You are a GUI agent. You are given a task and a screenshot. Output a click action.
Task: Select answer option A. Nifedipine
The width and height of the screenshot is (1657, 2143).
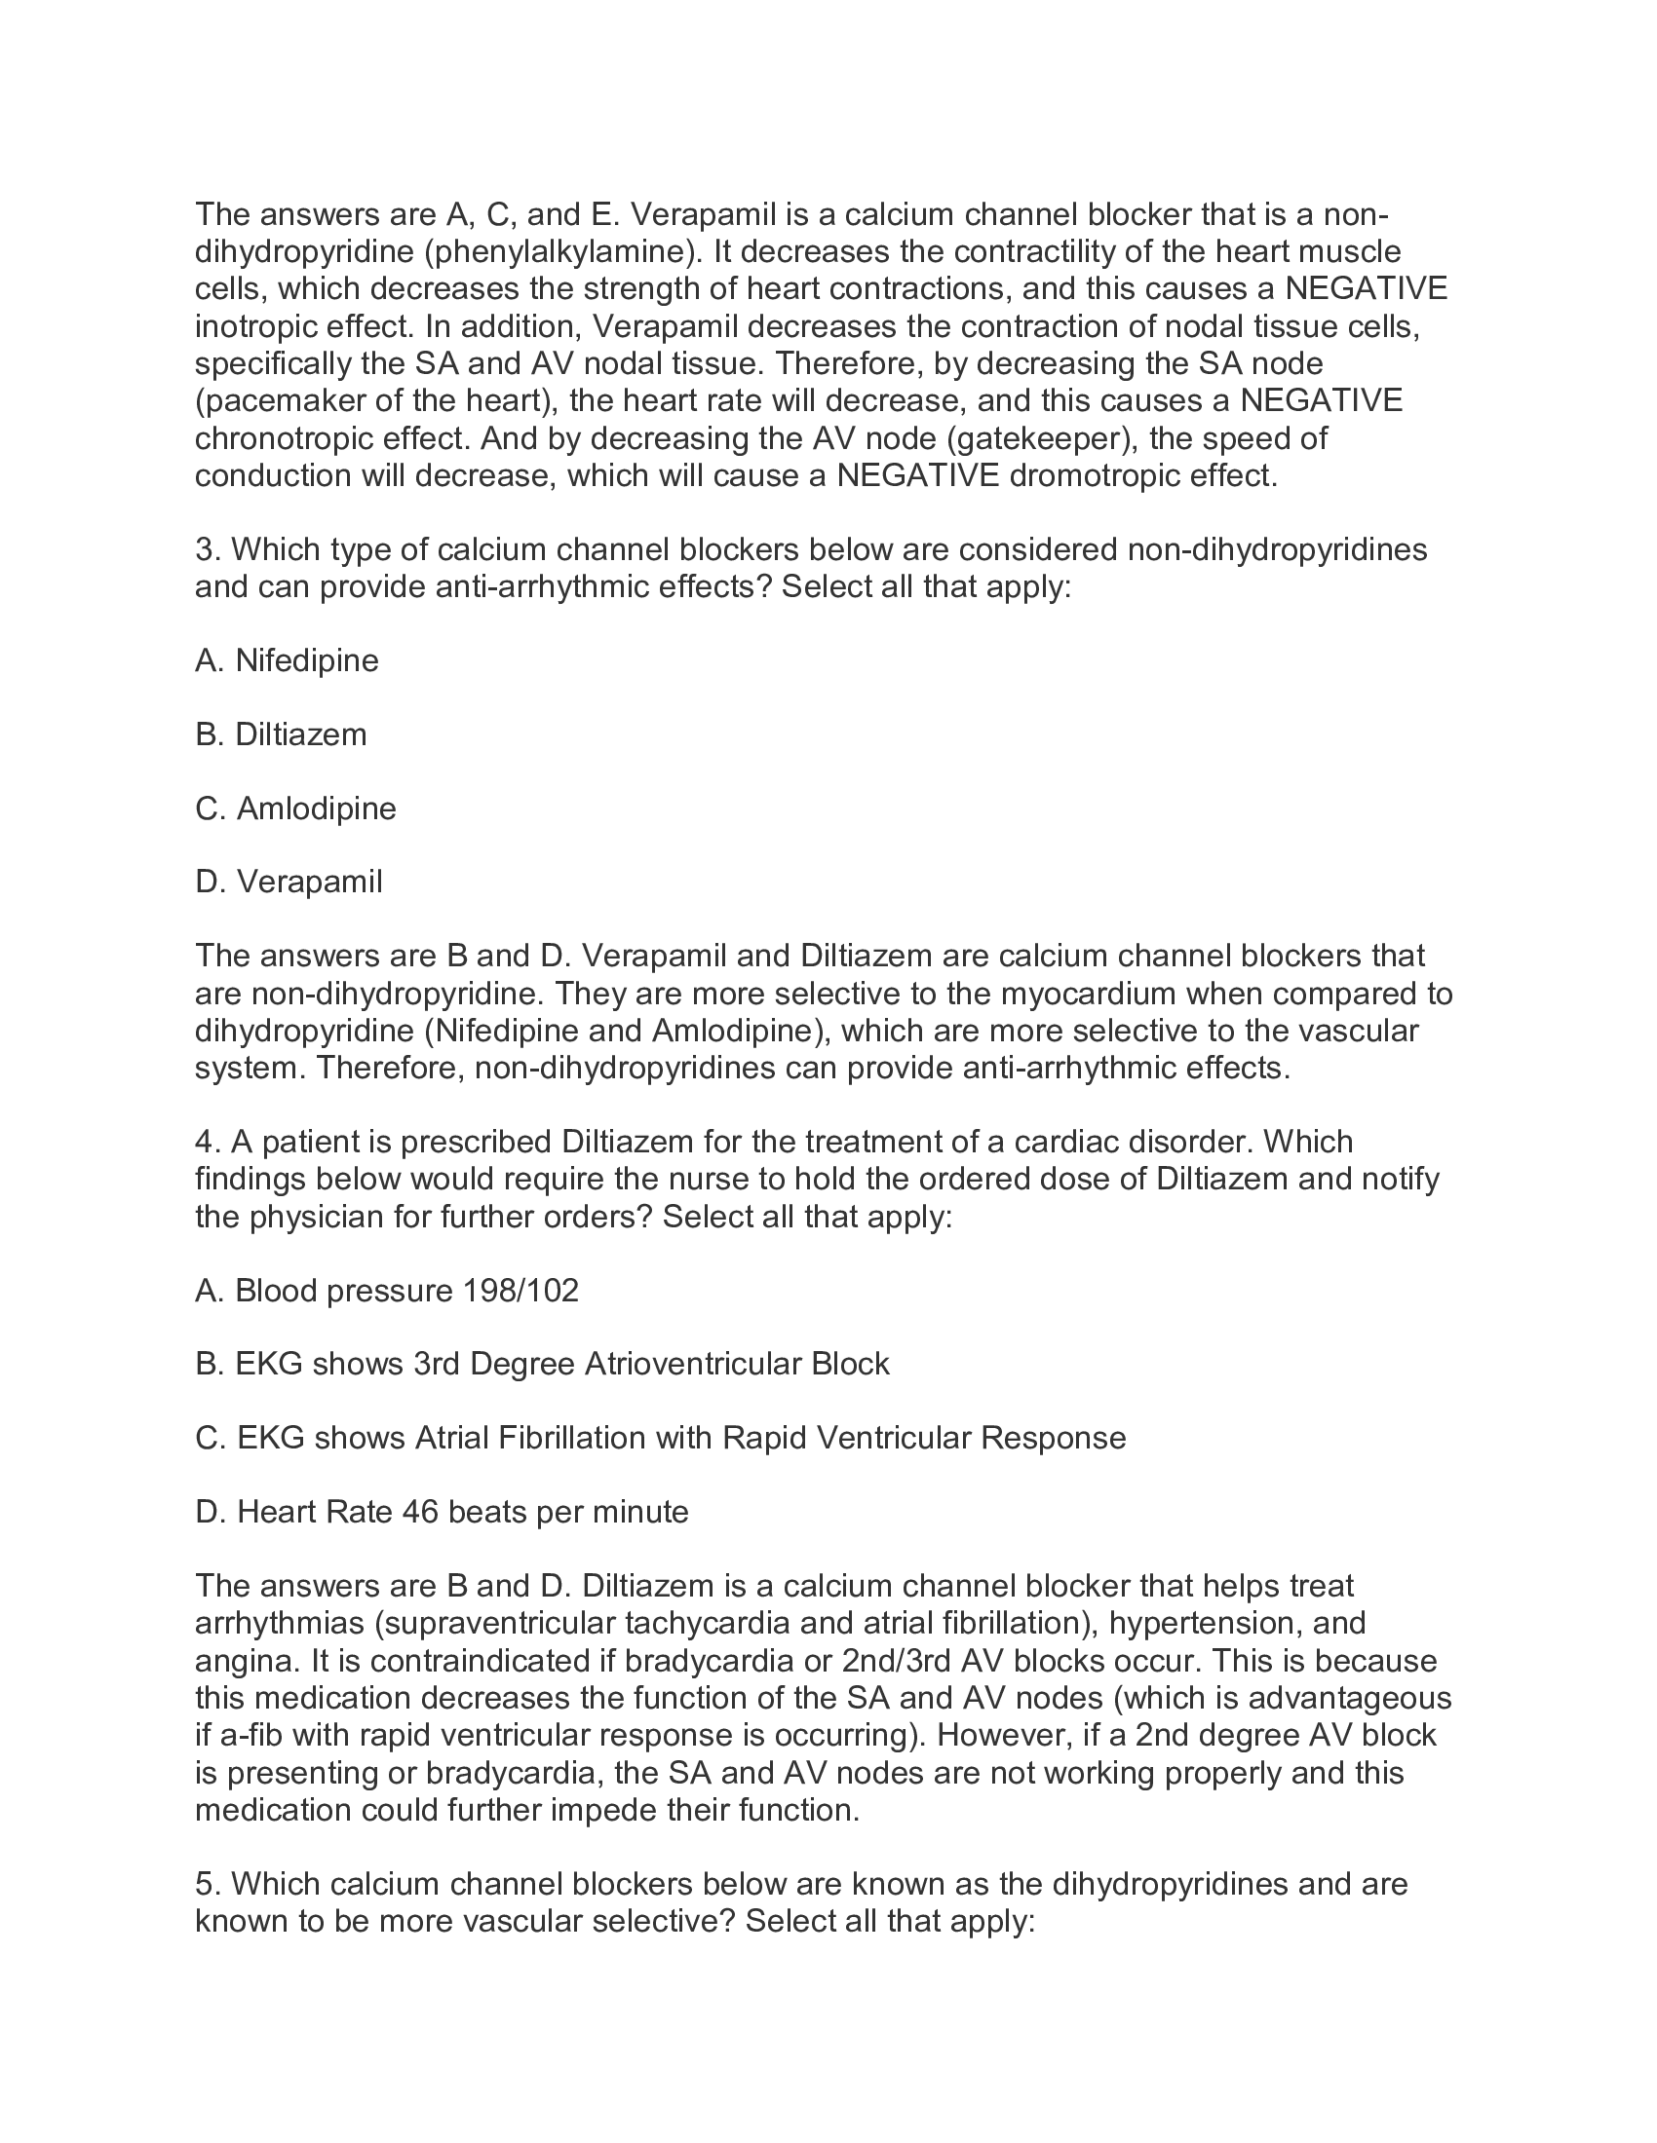click(x=287, y=660)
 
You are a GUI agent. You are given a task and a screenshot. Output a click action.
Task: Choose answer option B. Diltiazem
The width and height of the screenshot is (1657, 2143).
click(x=281, y=733)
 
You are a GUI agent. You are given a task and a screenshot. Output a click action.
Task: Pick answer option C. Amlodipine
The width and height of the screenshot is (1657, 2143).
click(x=295, y=808)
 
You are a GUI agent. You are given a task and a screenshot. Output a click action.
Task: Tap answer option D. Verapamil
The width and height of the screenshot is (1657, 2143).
click(x=289, y=883)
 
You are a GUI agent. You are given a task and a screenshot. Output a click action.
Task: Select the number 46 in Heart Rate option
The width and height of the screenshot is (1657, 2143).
click(x=420, y=1512)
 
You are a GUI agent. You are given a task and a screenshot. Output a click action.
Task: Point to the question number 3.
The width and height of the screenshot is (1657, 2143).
click(x=204, y=549)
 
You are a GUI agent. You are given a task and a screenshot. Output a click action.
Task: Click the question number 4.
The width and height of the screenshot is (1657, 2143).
click(x=204, y=1143)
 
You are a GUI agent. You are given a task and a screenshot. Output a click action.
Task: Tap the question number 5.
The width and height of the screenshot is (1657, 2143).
click(x=204, y=1884)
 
